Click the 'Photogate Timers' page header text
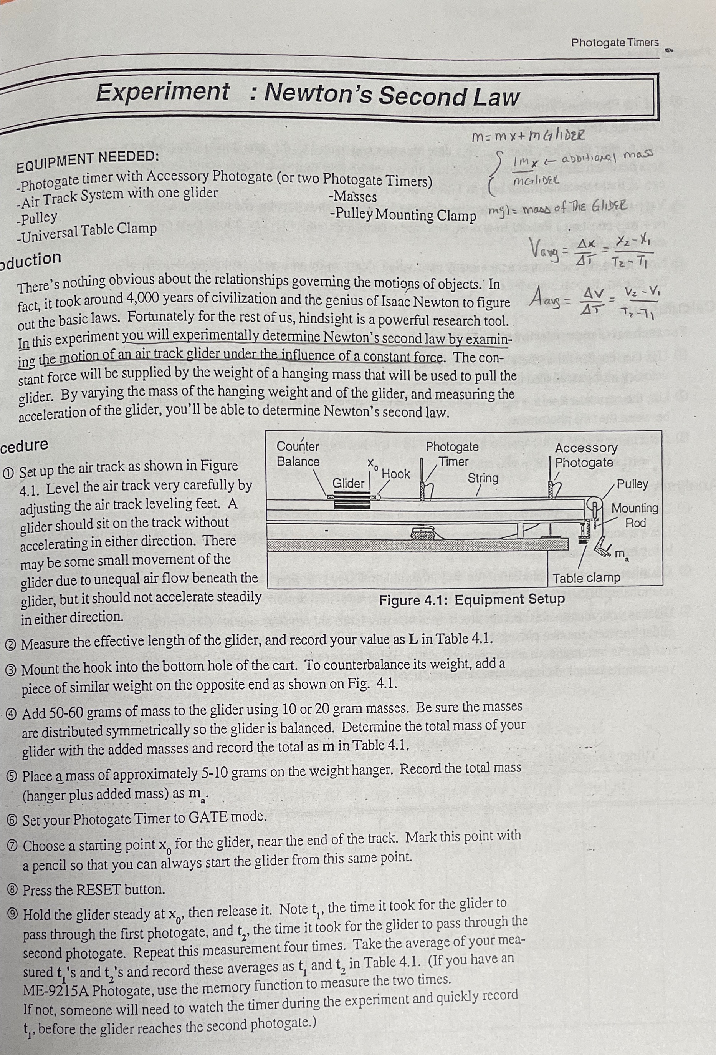click(614, 43)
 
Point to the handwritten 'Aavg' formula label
click(550, 300)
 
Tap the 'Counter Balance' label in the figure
click(298, 454)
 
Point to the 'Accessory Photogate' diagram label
click(585, 455)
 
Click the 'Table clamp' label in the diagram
click(586, 578)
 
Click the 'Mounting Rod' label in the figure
click(634, 515)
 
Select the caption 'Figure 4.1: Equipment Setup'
click(471, 600)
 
